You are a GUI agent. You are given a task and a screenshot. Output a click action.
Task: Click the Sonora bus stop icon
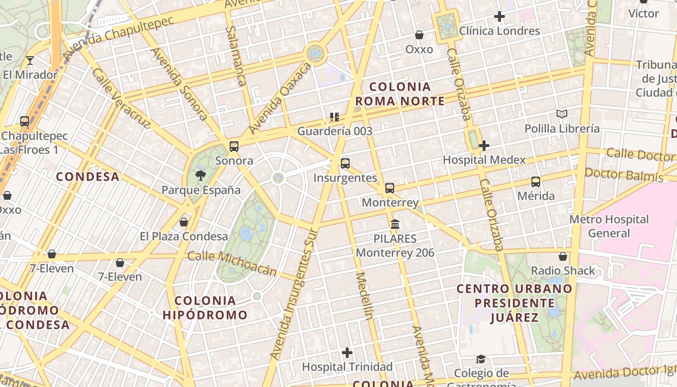click(x=234, y=146)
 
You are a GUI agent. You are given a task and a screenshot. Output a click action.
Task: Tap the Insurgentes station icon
click(x=345, y=164)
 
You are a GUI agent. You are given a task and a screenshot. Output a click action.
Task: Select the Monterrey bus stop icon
click(x=390, y=188)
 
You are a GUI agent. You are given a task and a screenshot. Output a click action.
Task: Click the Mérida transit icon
click(x=536, y=182)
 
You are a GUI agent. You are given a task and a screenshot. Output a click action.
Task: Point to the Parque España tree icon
click(x=200, y=176)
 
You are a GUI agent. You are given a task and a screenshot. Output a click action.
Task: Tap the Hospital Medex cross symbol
click(x=484, y=146)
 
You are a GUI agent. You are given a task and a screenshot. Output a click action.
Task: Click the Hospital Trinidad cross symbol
click(x=347, y=353)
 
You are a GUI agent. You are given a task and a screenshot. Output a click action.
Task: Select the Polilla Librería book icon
click(x=561, y=114)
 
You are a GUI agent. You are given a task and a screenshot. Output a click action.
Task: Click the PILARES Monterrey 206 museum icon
click(x=395, y=224)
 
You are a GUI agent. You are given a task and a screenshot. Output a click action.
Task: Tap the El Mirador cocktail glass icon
click(x=30, y=60)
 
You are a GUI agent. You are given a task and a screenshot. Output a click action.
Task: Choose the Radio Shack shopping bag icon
click(x=563, y=256)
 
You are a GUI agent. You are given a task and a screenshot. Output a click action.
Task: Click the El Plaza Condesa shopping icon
click(x=184, y=223)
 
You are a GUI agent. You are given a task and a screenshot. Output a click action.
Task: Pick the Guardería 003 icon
click(x=334, y=117)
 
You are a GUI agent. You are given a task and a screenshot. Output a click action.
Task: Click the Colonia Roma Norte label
click(x=400, y=94)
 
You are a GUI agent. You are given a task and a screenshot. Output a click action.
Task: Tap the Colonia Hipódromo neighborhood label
click(x=205, y=308)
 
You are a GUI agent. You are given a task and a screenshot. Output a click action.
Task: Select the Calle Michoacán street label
click(x=232, y=264)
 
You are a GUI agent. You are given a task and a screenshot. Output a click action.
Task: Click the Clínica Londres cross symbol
click(x=500, y=17)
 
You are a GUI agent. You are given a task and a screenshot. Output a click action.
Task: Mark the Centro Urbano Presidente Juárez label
click(x=515, y=303)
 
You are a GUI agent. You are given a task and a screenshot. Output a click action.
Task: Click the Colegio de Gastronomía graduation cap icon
click(x=481, y=359)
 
